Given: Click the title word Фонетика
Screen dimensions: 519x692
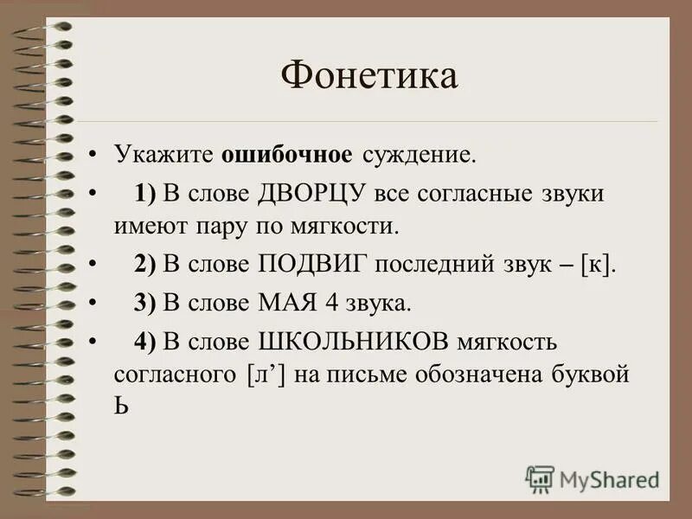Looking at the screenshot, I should click(x=368, y=76).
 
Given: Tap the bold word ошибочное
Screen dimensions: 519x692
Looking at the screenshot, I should click(x=286, y=155).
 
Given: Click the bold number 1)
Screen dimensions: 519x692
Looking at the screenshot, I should click(x=144, y=194).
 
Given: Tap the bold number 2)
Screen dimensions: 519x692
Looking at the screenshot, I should click(x=144, y=266).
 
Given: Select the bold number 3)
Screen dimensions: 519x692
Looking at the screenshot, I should click(x=144, y=303).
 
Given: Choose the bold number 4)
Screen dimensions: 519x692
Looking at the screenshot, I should click(x=144, y=341).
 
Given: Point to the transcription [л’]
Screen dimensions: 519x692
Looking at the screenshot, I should click(x=262, y=375).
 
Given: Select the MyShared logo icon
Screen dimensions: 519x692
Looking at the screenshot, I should click(x=540, y=478).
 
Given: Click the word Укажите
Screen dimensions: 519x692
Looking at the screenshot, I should click(x=164, y=156).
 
